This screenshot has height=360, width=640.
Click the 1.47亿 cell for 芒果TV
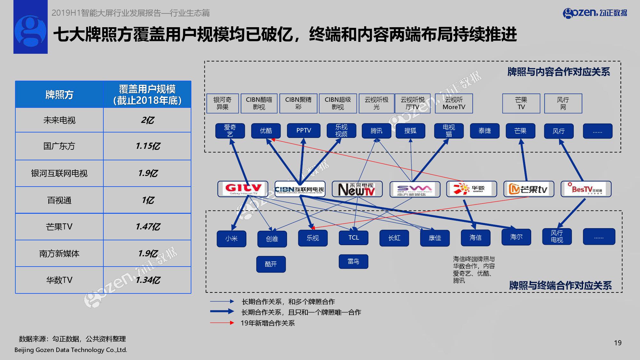(148, 227)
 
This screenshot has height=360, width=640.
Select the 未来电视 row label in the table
(60, 120)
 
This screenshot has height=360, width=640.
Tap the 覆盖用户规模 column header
(147, 95)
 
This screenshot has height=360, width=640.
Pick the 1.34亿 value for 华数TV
(148, 280)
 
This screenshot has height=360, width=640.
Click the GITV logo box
(243, 189)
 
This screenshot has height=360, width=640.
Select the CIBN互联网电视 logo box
(300, 189)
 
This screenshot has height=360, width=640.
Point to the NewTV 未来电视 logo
(357, 189)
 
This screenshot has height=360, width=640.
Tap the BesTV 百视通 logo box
(586, 189)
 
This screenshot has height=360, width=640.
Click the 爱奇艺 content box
(230, 131)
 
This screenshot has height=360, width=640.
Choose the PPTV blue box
(303, 131)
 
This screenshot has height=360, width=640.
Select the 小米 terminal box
(231, 239)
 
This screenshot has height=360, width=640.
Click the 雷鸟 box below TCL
(353, 262)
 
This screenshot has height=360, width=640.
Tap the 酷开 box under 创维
(271, 264)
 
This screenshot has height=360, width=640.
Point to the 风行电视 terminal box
(557, 237)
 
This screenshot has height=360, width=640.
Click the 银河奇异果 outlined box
(222, 103)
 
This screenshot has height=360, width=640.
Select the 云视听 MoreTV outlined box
(454, 103)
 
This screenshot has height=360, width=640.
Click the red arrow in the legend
(222, 323)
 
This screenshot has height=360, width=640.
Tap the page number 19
(618, 343)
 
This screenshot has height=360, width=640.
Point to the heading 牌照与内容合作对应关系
(559, 72)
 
